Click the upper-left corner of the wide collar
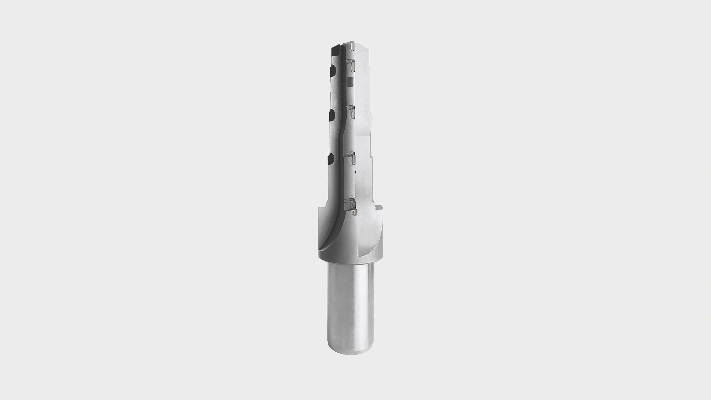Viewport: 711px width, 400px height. pos(320,211)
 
